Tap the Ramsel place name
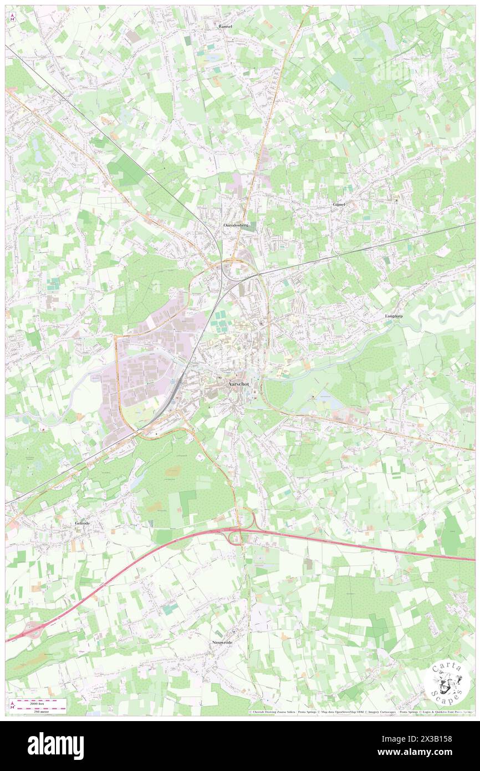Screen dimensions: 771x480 pyautogui.click(x=225, y=26)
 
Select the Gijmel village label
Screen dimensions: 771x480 pyautogui.click(x=339, y=204)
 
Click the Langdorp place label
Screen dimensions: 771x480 pyautogui.click(x=395, y=316)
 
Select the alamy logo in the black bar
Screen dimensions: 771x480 pyautogui.click(x=55, y=746)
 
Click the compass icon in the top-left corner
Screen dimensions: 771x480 pyautogui.click(x=12, y=16)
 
